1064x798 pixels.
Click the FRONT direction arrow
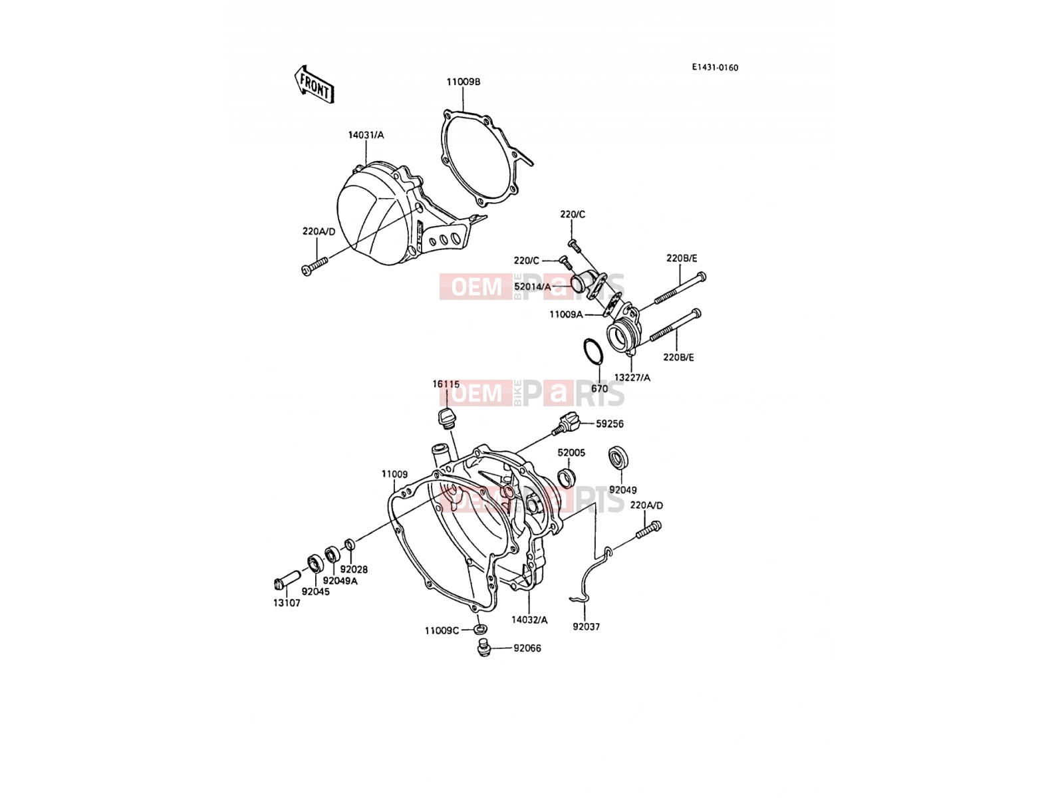314,85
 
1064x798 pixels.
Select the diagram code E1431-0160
714,68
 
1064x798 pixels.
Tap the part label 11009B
464,82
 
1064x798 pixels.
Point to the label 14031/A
366,135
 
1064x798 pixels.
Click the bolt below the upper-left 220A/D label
315,265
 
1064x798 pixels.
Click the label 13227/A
632,378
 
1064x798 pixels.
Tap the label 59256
609,424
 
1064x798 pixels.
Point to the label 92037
586,627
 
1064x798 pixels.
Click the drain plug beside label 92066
483,648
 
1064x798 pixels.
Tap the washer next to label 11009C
480,629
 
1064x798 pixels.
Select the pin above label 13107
287,580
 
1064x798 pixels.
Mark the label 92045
315,592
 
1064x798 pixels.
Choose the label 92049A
340,581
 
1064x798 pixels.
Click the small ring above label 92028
350,545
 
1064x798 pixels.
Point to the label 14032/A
529,620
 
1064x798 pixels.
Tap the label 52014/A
532,287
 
